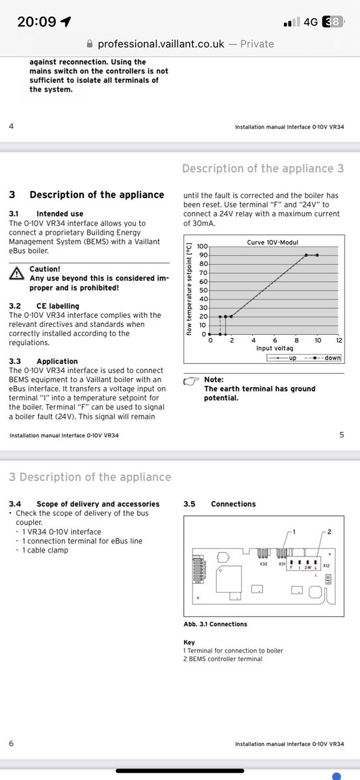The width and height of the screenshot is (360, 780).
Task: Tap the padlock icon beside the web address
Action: pyautogui.click(x=90, y=44)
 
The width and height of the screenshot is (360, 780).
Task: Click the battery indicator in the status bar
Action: pyautogui.click(x=333, y=21)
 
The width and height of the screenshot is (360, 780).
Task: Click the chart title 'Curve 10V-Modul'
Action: pyautogui.click(x=272, y=242)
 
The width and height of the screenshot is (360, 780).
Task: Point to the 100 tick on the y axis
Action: pyautogui.click(x=202, y=246)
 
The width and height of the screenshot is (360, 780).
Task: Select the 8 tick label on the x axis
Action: pyautogui.click(x=296, y=340)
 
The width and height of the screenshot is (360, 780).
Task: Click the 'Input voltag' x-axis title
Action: pyautogui.click(x=275, y=348)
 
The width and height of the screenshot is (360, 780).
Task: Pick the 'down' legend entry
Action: pyautogui.click(x=323, y=357)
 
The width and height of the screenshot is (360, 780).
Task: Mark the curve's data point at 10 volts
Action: pyautogui.click(x=317, y=255)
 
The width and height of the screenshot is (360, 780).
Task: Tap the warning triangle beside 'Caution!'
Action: pyautogui.click(x=17, y=274)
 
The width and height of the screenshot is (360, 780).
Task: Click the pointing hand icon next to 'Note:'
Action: pyautogui.click(x=191, y=382)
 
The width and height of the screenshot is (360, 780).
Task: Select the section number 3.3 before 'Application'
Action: pyautogui.click(x=15, y=361)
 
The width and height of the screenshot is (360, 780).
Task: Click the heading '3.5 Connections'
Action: pyautogui.click(x=220, y=504)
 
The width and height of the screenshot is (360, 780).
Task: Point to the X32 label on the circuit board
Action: pyautogui.click(x=264, y=564)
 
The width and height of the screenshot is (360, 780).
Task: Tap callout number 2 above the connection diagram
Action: pyautogui.click(x=329, y=532)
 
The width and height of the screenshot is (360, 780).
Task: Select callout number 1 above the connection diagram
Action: pyautogui.click(x=294, y=532)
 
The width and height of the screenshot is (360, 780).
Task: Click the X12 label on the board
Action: pyautogui.click(x=326, y=565)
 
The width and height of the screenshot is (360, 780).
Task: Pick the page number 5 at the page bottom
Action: pyautogui.click(x=342, y=435)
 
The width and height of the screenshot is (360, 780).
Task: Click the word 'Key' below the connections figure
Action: pyautogui.click(x=189, y=642)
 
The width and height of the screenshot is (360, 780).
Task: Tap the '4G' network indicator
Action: pyautogui.click(x=311, y=22)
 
